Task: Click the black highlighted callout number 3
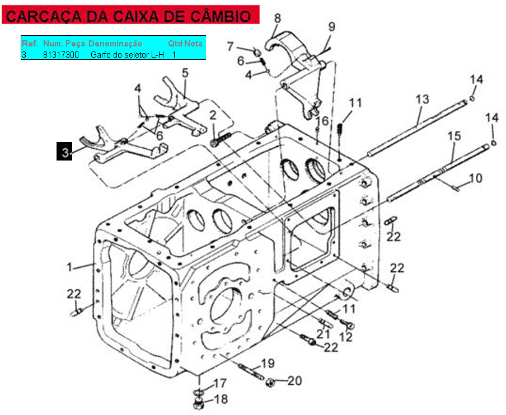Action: coord(64,151)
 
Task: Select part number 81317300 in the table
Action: coord(61,54)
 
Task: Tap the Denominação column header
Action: coord(115,44)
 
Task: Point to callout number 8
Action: coord(278,18)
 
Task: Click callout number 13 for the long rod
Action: coord(423,100)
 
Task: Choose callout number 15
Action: coord(455,136)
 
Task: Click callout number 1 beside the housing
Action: coord(69,267)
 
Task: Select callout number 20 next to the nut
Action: coord(294,381)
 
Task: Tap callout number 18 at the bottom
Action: coord(221,399)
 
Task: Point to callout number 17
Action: coord(220,383)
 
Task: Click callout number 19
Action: coord(268,364)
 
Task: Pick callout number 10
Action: coord(475,178)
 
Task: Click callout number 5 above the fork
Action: coord(185,73)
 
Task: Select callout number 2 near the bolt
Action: coord(213,115)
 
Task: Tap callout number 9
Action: coord(332,27)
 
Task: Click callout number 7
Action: coord(230,47)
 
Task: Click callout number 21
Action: coord(323,334)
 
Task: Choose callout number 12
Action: coord(346,337)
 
